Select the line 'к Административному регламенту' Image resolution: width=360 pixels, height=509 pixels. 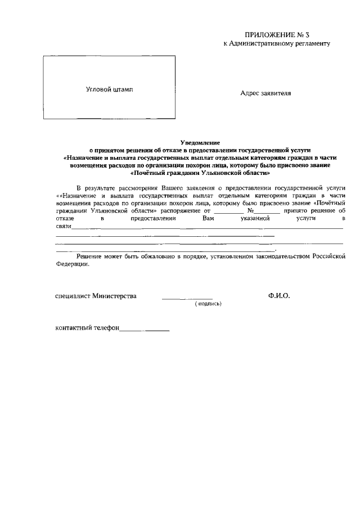[276, 43]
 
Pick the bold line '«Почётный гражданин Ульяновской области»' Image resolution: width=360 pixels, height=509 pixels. [199, 173]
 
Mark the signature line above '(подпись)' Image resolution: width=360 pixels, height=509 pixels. [187, 298]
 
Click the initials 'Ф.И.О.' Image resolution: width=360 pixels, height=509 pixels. [279, 295]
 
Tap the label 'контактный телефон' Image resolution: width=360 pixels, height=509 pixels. [87, 328]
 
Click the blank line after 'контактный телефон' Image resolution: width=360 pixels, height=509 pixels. [145, 330]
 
